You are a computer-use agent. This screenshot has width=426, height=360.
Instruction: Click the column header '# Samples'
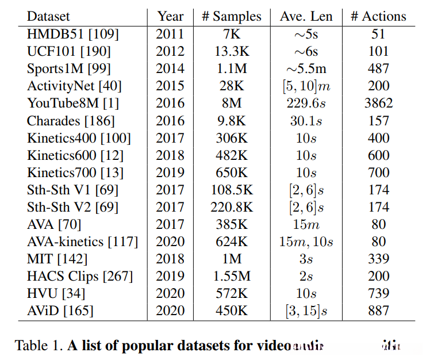[231, 16]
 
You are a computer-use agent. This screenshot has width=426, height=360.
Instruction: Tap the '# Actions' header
[378, 16]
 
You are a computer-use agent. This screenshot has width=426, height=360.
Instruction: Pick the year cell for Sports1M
[170, 69]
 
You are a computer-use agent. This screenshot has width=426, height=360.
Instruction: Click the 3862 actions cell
[378, 104]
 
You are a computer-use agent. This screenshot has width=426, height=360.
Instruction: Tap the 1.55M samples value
[231, 277]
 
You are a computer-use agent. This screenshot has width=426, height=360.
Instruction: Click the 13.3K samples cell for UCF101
[231, 51]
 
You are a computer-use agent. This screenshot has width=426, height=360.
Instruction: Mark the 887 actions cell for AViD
[378, 311]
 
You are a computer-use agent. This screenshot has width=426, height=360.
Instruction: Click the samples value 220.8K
[231, 208]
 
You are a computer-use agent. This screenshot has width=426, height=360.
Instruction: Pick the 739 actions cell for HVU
[378, 294]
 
